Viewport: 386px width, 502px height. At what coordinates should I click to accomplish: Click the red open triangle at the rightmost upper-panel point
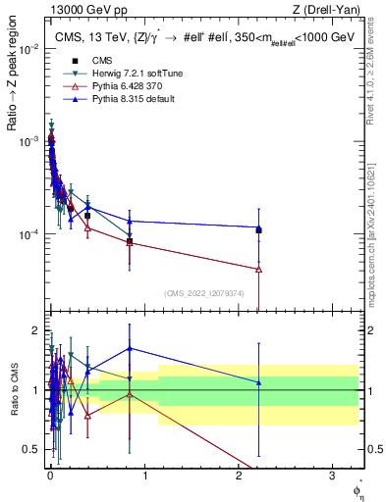point(258,269)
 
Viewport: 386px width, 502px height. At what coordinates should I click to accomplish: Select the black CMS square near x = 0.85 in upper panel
point(130,240)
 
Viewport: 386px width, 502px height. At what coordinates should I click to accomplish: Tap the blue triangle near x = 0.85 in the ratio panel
point(130,348)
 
